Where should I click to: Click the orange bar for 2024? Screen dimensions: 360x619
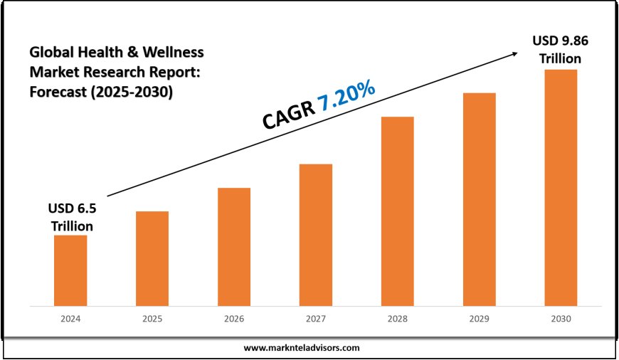(x=70, y=270)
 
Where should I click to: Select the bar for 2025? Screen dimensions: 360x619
(x=152, y=258)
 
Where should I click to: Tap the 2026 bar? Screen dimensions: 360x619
(x=234, y=247)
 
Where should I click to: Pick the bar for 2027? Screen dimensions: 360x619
(x=316, y=235)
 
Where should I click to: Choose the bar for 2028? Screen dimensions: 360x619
(x=397, y=211)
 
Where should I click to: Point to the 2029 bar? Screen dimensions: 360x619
(x=479, y=199)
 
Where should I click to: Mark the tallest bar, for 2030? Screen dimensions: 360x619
(x=561, y=188)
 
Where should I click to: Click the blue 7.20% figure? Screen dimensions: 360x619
(x=346, y=96)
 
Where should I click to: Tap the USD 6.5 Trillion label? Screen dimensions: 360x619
(x=71, y=217)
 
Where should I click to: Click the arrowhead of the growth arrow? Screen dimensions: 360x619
(x=514, y=51)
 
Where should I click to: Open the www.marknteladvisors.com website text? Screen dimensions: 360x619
(x=302, y=348)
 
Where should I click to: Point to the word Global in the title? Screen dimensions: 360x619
(x=51, y=52)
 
